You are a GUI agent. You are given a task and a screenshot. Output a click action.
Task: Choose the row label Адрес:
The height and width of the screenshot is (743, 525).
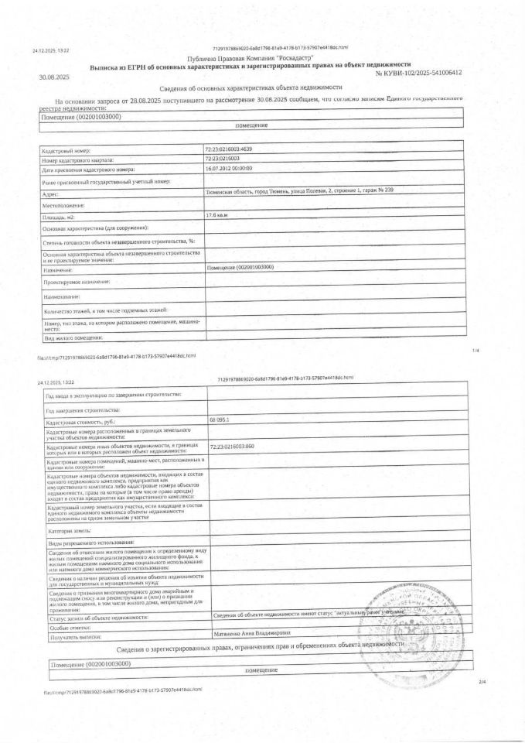[x=52, y=194]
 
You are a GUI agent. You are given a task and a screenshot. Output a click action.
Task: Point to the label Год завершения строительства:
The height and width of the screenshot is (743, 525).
[x=83, y=408]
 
